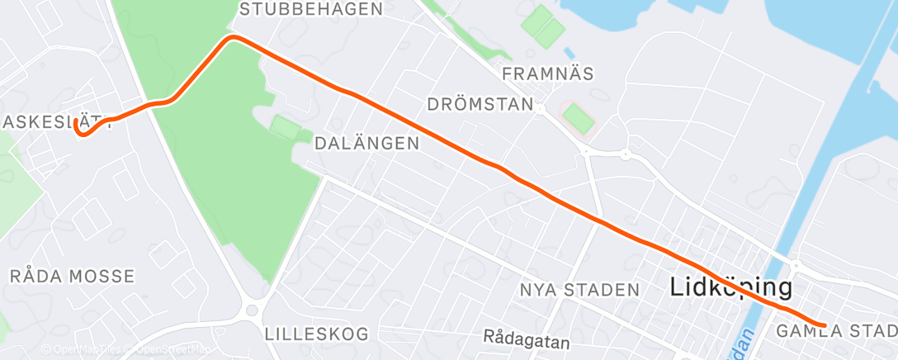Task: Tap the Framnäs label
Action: click(x=548, y=73)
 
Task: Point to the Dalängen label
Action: click(x=366, y=143)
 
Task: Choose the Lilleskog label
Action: click(x=317, y=334)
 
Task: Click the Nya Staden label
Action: click(x=579, y=290)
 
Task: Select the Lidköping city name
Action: click(x=730, y=288)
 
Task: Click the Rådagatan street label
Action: click(x=527, y=338)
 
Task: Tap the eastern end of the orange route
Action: click(x=824, y=325)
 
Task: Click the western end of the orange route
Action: click(x=77, y=122)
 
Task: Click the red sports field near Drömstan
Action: click(x=579, y=119)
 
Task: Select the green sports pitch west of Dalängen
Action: click(x=286, y=128)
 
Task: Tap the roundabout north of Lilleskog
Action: click(x=253, y=311)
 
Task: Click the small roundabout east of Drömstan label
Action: click(x=625, y=154)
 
